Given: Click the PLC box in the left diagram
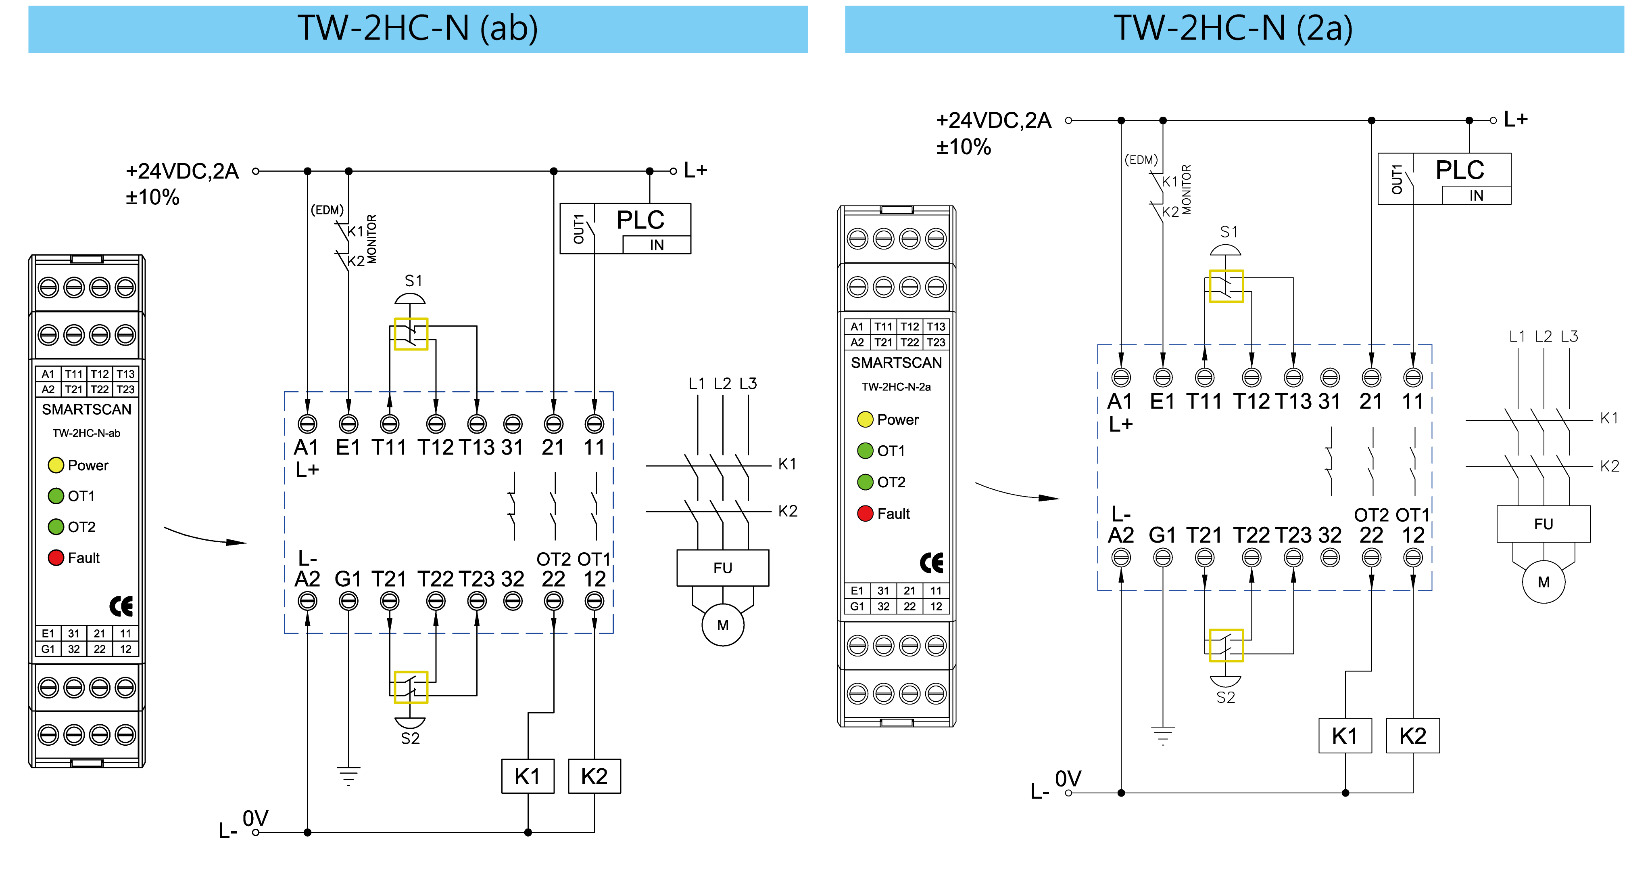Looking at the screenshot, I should tap(625, 229).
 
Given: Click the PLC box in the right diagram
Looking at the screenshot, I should tap(1444, 178).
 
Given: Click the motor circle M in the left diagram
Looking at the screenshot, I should tap(723, 625).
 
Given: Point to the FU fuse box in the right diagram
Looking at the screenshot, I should tap(1543, 524).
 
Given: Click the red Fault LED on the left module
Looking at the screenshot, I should tap(56, 558).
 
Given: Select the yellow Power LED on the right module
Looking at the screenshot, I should tap(865, 419).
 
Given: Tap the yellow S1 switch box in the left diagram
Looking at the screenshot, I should tap(411, 334).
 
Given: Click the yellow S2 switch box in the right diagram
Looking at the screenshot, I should tap(1226, 645).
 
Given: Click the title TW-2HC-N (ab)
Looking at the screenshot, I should tap(417, 29).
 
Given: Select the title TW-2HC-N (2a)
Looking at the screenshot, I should tap(1233, 29).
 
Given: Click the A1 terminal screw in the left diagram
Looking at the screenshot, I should tap(307, 424).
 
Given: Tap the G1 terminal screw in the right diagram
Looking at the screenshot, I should tap(1162, 558).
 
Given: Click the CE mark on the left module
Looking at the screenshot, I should tap(121, 606).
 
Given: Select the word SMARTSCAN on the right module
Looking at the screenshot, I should tap(896, 363).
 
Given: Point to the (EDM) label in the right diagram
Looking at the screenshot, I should tap(1141, 160).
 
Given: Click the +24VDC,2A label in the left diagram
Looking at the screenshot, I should tap(182, 171).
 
